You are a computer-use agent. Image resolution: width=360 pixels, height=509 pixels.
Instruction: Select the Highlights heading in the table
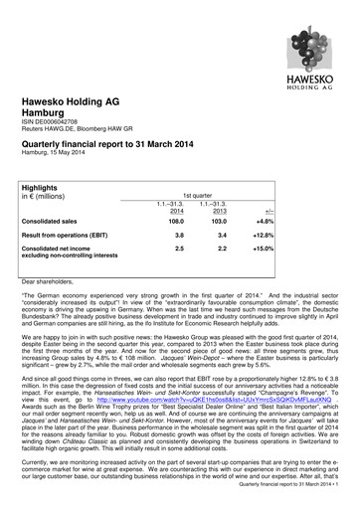(x=48, y=187)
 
